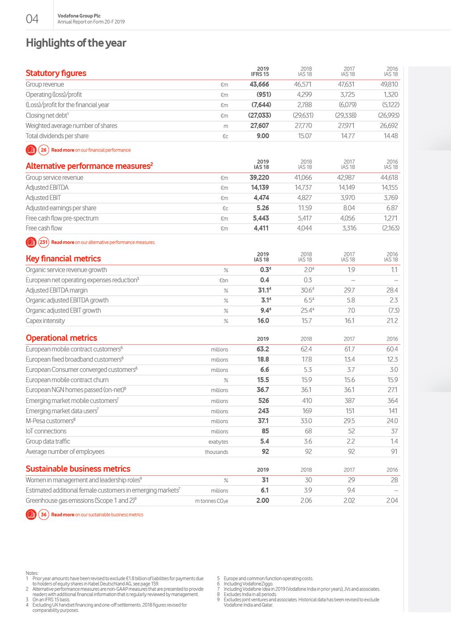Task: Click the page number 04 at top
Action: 32,19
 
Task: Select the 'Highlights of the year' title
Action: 76,43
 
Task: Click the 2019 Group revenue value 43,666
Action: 259,84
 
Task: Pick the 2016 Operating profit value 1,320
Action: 391,95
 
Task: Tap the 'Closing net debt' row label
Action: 47,115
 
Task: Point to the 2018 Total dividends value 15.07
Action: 305,136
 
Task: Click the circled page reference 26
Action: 43,150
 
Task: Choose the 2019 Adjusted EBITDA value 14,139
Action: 260,188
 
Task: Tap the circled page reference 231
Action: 43,242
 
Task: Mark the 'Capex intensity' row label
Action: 45,321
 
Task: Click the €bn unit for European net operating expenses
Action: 223,281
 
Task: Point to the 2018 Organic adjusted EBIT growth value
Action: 306,310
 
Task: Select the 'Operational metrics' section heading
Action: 61,338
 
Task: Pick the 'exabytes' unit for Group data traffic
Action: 218,442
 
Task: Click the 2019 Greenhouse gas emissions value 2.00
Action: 262,500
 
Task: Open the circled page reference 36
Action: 43,515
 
